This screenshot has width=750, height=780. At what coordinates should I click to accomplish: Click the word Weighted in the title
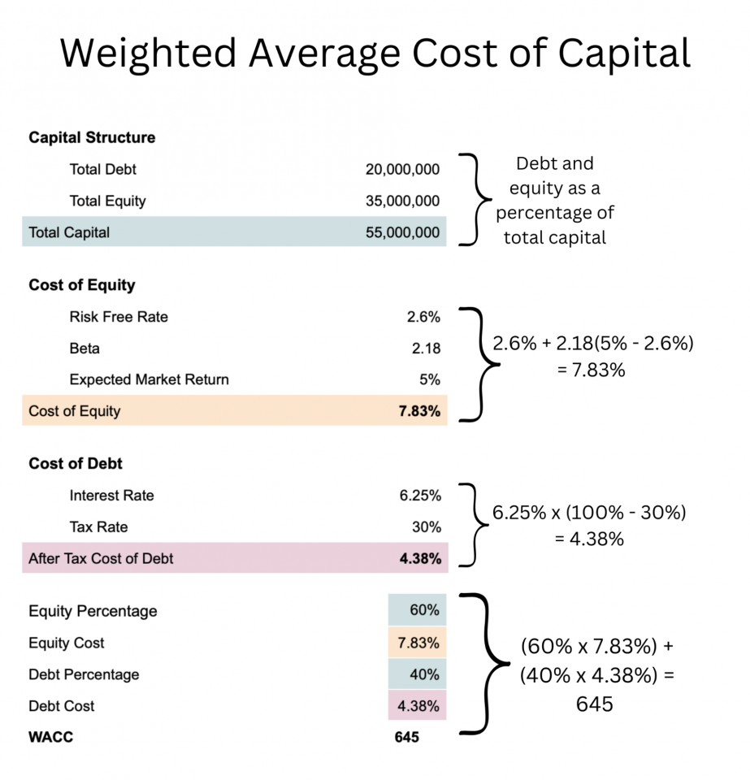[148, 54]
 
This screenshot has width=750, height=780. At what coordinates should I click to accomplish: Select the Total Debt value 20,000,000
[402, 170]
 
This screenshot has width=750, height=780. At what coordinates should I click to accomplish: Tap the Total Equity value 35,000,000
[402, 201]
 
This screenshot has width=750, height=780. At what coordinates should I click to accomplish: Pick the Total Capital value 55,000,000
[402, 232]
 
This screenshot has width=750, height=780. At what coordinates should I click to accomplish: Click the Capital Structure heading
[92, 137]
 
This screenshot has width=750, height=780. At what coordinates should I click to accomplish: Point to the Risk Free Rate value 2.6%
[423, 317]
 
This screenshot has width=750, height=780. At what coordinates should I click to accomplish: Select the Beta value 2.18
[426, 349]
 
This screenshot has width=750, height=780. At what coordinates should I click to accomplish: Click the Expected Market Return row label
[149, 379]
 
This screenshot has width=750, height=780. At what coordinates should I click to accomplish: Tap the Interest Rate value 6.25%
[420, 496]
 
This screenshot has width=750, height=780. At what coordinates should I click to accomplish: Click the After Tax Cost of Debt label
[101, 559]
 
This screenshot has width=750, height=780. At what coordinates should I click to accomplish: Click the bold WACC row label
[50, 738]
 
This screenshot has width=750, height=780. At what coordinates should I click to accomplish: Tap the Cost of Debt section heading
[76, 464]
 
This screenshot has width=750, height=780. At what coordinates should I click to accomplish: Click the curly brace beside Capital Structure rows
[476, 198]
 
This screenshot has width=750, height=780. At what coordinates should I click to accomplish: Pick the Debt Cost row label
[62, 706]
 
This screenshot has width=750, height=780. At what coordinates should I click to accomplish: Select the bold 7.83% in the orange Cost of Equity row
[420, 411]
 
